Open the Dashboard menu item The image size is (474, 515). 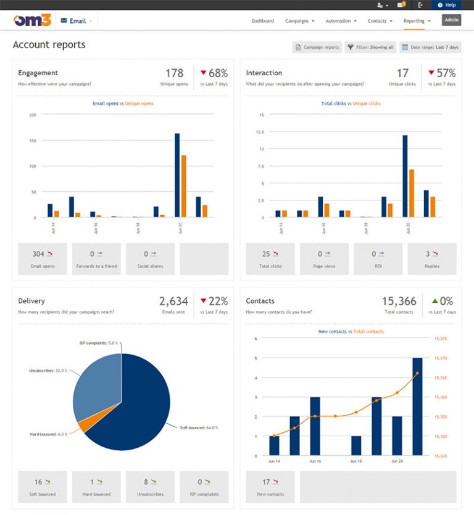262,21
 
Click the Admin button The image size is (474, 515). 451,20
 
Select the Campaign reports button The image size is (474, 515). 317,47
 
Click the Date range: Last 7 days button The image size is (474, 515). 430,47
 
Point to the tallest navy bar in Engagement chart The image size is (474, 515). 177,176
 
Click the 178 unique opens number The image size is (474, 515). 174,73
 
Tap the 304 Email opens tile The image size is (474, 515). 43,258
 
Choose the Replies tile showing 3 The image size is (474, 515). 432,258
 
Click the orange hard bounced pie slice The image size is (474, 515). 82,426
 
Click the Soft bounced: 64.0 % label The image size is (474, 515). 198,427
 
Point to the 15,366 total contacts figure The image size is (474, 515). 399,302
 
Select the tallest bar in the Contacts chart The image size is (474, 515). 417,406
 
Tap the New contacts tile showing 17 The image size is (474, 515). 270,487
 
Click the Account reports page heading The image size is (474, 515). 49,45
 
